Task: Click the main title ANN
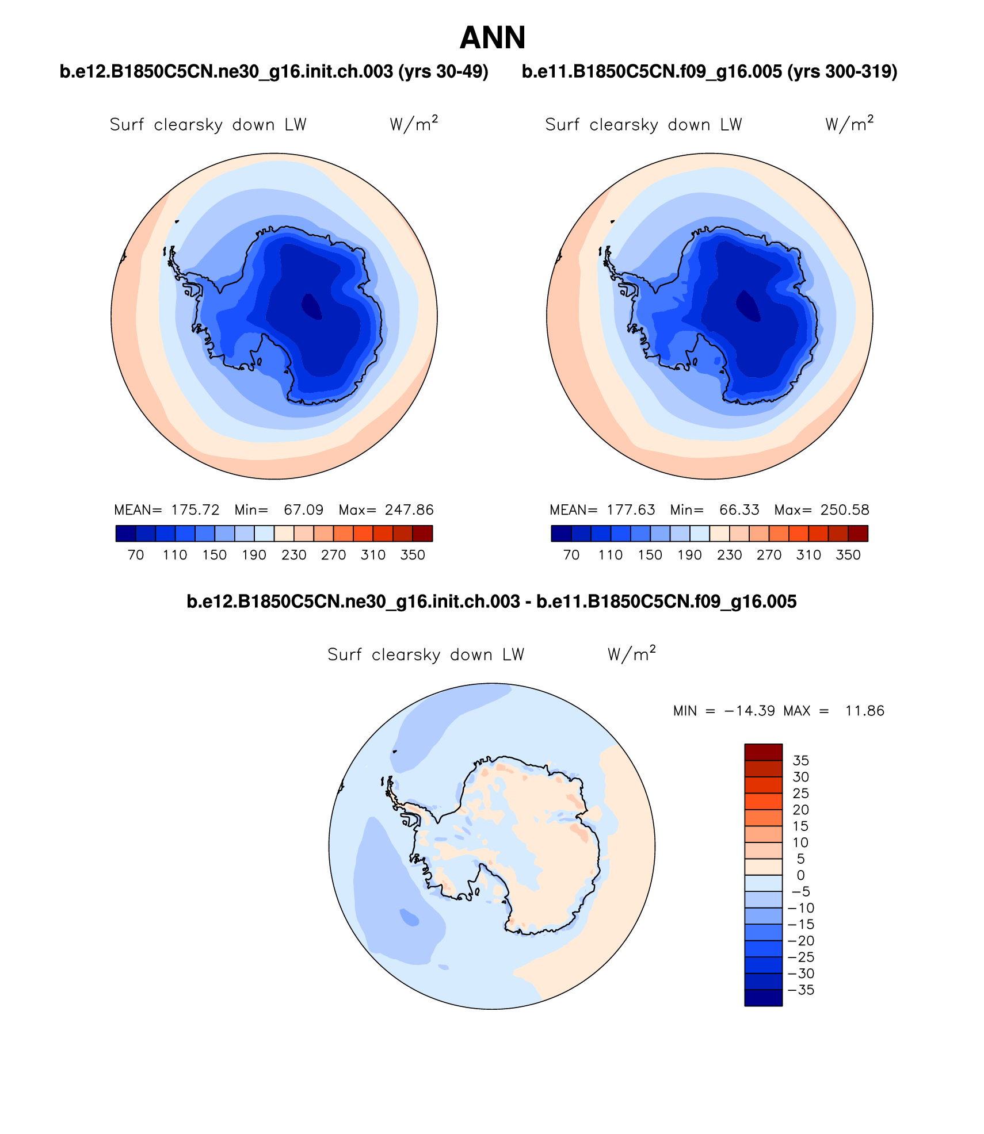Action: (x=493, y=38)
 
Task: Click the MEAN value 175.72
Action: (x=195, y=510)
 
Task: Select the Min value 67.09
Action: (x=303, y=510)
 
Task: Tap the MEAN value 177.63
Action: (x=631, y=510)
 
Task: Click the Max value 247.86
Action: (x=409, y=510)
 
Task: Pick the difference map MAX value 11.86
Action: (x=864, y=711)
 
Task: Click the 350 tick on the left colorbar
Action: (x=413, y=555)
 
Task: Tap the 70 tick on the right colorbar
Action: (x=571, y=555)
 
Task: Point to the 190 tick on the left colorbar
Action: (x=254, y=555)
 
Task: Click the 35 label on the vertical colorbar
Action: (x=800, y=760)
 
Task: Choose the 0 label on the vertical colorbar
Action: (x=800, y=875)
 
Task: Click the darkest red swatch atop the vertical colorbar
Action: (x=763, y=752)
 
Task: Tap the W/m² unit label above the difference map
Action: (x=631, y=654)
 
